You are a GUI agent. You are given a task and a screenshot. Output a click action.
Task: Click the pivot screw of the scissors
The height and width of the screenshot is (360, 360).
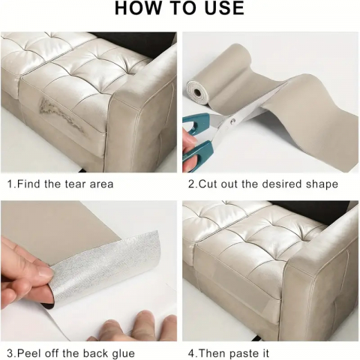pyautogui.click(x=233, y=121)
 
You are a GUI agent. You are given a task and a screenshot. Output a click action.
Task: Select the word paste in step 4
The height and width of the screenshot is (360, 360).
pyautogui.click(x=244, y=354)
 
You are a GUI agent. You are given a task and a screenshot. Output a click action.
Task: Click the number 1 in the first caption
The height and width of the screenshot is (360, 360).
pyautogui.click(x=10, y=184)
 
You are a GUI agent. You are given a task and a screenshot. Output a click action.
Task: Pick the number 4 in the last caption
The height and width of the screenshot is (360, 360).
pyautogui.click(x=191, y=353)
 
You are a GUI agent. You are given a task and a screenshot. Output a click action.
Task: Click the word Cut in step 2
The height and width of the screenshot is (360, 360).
pyautogui.click(x=207, y=184)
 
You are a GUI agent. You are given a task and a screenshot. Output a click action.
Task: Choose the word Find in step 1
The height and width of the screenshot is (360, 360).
pyautogui.click(x=29, y=184)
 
